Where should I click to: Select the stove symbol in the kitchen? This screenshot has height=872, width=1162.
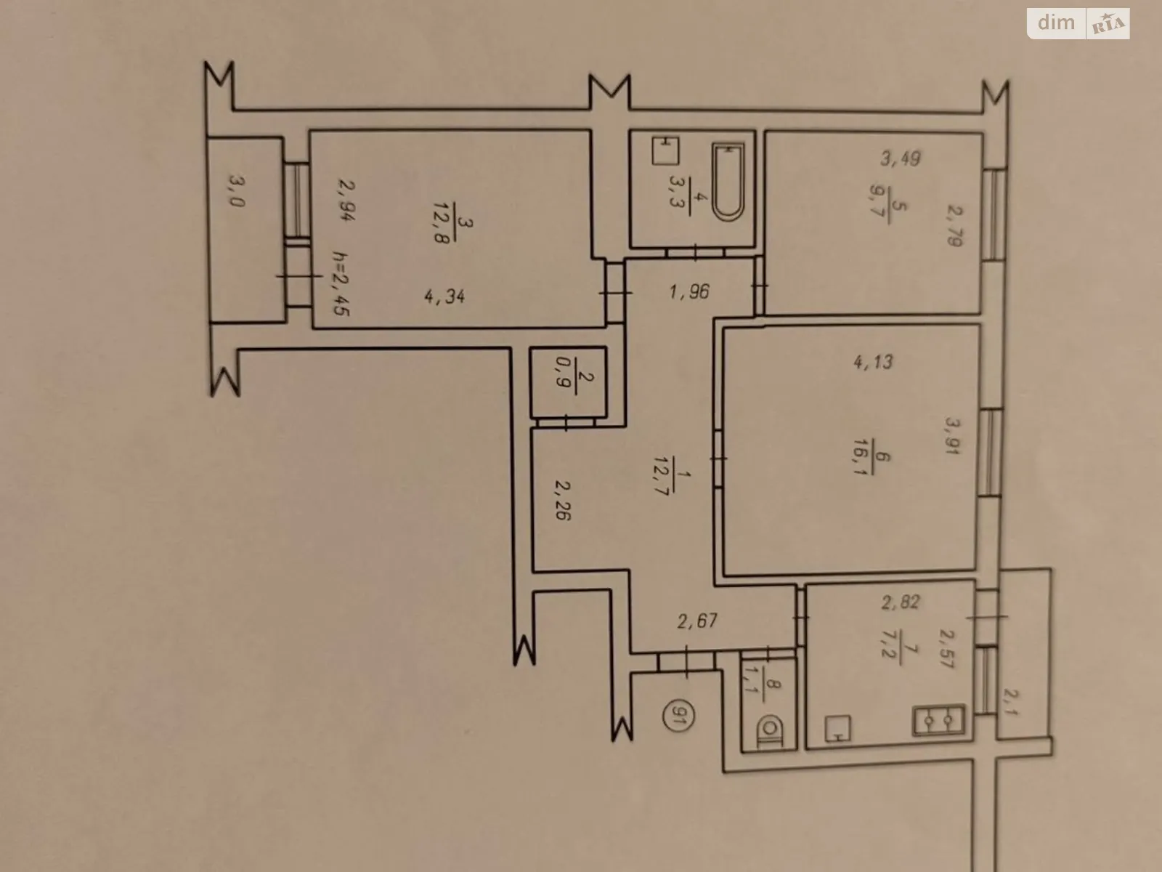(x=939, y=721)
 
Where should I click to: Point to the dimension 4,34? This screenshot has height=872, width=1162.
(x=444, y=296)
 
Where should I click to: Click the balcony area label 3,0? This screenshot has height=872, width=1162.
(x=237, y=190)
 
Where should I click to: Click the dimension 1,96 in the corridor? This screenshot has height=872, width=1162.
(x=689, y=291)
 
